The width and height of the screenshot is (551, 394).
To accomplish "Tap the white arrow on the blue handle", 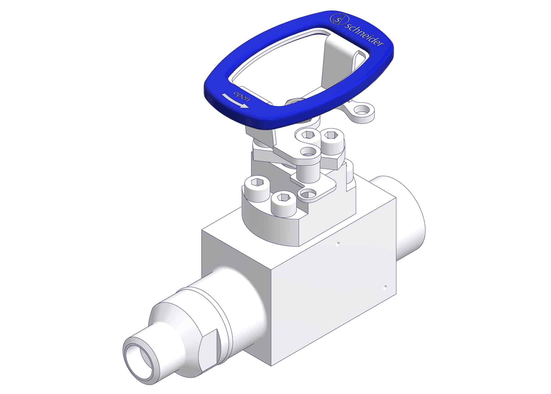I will click(x=235, y=101).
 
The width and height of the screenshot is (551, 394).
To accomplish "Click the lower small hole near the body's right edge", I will click(x=385, y=286).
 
